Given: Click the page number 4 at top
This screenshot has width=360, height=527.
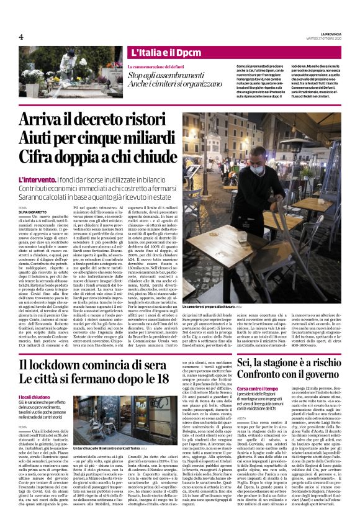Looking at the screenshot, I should tap(21, 36).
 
